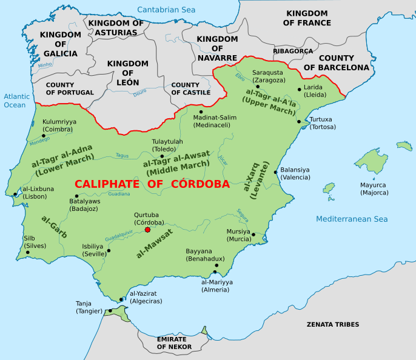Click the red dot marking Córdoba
pos(147,230)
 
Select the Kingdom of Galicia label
pos(61,44)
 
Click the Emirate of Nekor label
pos(174,342)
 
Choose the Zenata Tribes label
pos(333,324)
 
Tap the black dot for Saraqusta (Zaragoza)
pos(258,87)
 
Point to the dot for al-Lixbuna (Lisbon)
pos(16,195)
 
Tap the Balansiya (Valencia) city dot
pos(275,172)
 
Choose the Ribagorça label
pos(293,51)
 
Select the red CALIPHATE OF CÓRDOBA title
pos(152,184)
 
